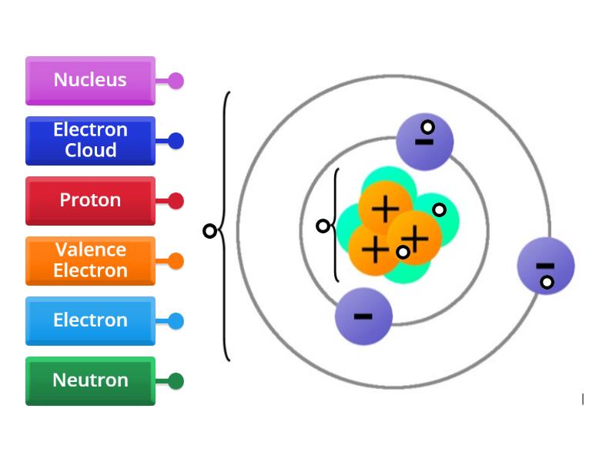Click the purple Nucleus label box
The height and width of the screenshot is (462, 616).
(90, 80)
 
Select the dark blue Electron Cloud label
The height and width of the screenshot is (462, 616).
(90, 140)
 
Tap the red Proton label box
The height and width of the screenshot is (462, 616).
(90, 200)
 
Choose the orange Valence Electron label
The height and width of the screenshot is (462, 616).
(90, 260)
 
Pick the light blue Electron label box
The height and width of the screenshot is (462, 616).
(90, 320)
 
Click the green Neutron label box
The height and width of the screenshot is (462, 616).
(90, 380)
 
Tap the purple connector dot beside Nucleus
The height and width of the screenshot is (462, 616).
(176, 80)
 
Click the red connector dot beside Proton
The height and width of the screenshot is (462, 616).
(176, 201)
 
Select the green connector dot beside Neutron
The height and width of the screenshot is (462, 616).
(176, 381)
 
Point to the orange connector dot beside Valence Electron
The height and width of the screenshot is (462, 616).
(176, 261)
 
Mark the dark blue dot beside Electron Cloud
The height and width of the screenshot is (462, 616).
(176, 141)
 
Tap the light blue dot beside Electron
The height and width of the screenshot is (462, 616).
(176, 321)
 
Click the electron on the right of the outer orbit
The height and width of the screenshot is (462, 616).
(545, 266)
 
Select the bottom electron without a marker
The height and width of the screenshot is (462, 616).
(363, 316)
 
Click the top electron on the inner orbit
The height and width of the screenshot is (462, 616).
(424, 142)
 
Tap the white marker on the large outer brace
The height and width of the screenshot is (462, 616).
(209, 231)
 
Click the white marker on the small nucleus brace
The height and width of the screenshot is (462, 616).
(323, 226)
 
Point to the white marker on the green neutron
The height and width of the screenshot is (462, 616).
(439, 209)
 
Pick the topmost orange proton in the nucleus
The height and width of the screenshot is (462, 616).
(385, 207)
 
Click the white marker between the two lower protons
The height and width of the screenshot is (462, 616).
(403, 252)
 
